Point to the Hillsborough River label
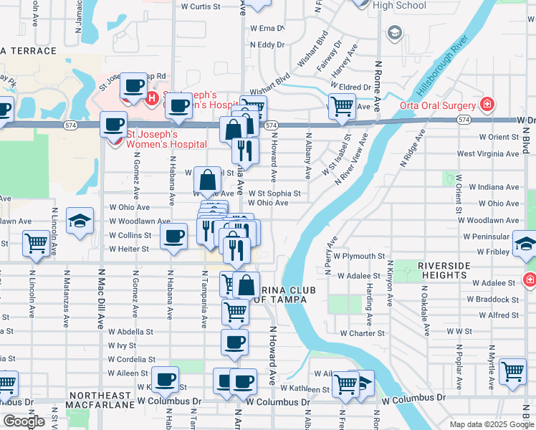click(x=440, y=72)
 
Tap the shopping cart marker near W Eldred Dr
click(x=343, y=106)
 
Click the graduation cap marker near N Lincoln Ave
click(x=80, y=220)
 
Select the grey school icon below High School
click(x=393, y=33)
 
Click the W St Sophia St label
click(x=274, y=193)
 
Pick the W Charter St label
click(x=363, y=333)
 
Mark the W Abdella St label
click(x=130, y=332)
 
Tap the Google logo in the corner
click(x=24, y=421)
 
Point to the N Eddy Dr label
click(x=267, y=44)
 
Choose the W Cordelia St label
click(x=131, y=359)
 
